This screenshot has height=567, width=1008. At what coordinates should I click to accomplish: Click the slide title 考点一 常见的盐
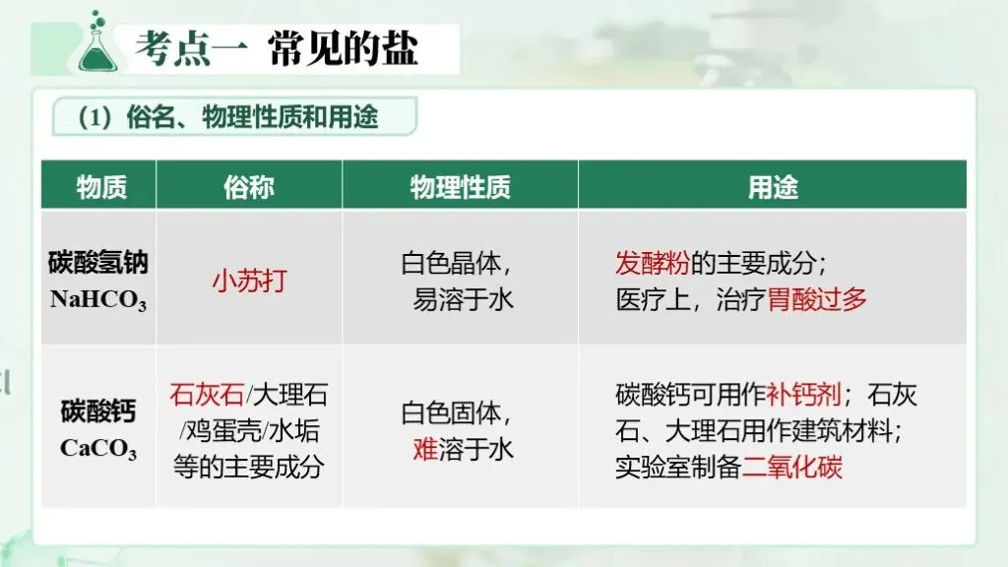point(277,49)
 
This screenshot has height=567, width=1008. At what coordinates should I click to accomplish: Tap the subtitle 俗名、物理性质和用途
point(253,117)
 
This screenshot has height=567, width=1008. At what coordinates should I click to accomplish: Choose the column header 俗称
point(249,188)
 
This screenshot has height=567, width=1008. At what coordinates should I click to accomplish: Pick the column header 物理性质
point(461,188)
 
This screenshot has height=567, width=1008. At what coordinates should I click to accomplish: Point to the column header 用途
point(773,188)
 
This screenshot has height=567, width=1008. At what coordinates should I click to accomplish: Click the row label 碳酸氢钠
point(98,264)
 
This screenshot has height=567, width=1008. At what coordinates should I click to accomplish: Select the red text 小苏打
point(249,281)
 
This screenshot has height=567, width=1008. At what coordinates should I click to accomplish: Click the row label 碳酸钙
point(98,410)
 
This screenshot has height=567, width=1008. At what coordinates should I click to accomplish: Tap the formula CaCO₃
point(98,448)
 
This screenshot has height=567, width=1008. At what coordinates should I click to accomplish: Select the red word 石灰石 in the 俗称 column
point(207,395)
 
